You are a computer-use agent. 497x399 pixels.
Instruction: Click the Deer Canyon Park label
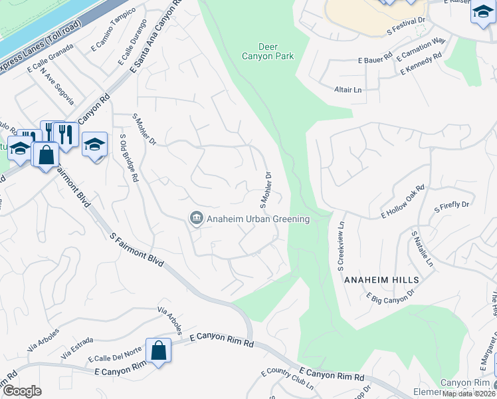pos(276,51)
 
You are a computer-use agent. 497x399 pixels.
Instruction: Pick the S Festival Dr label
pos(405,27)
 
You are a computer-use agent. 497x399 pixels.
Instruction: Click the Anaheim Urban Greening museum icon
pos(196,219)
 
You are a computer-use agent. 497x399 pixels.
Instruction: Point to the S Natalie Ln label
pos(421,249)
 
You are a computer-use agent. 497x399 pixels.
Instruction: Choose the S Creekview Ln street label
pos(342,246)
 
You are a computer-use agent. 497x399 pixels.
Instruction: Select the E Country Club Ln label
pos(287,379)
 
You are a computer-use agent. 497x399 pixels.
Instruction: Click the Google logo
pos(22,391)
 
